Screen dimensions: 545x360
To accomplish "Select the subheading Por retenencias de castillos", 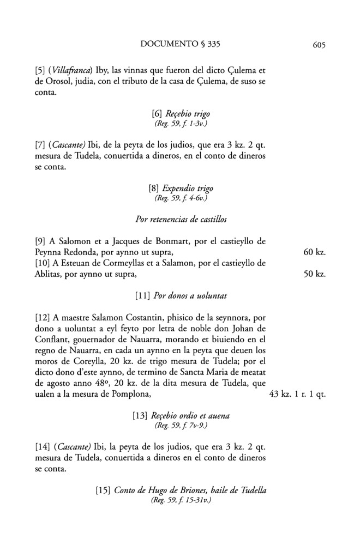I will [x=180, y=220].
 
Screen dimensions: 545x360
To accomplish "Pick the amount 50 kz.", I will [x=314, y=274].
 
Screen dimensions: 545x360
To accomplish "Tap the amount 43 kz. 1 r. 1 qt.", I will [x=298, y=392].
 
